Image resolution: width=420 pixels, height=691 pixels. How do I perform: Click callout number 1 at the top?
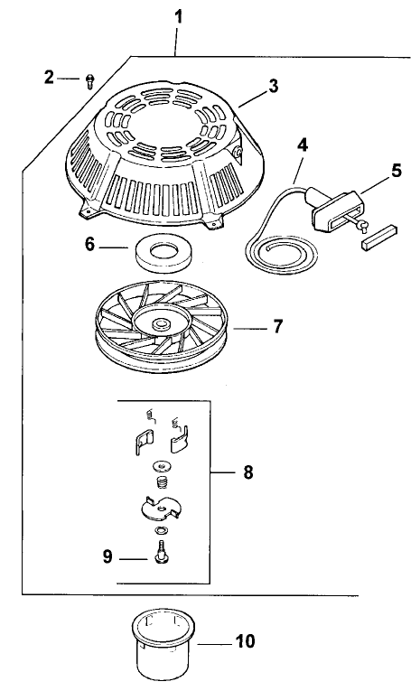pos(179,15)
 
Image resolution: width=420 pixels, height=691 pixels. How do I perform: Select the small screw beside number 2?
pos(89,82)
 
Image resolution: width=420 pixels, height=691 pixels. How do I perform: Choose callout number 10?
pos(245,642)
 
